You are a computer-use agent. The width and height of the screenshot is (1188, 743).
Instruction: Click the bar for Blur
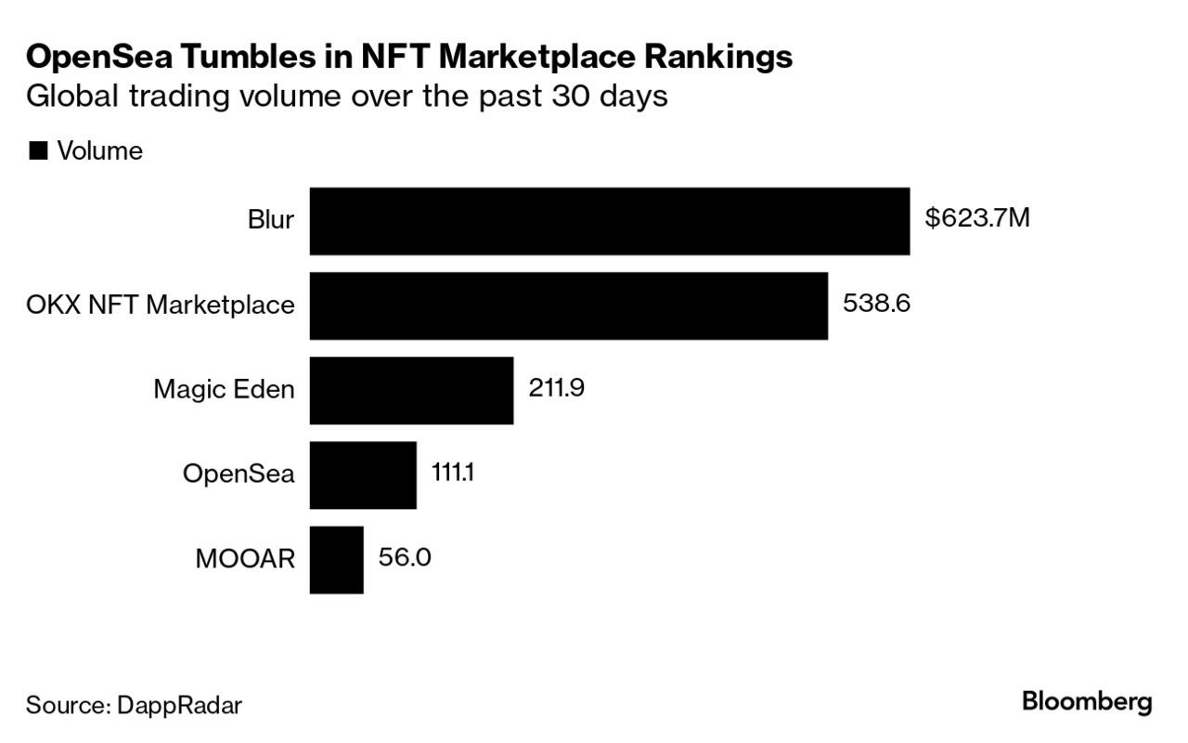(x=609, y=221)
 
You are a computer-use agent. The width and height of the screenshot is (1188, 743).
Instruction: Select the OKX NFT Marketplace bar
(x=568, y=306)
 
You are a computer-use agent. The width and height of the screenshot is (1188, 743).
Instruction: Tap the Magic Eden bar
(x=411, y=390)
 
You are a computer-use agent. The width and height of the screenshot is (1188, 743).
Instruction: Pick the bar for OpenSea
(x=362, y=475)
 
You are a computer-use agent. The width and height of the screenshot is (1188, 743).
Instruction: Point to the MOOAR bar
(x=336, y=559)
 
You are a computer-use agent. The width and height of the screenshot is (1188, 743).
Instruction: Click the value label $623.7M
(x=977, y=220)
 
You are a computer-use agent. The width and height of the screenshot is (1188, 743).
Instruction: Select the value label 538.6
(x=876, y=304)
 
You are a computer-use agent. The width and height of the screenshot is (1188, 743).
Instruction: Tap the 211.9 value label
(x=556, y=388)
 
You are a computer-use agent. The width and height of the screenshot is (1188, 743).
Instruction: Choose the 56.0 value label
(x=405, y=557)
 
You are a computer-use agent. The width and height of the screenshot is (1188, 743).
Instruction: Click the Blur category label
(x=271, y=221)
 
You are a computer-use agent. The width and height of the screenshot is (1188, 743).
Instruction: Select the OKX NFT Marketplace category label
(x=161, y=306)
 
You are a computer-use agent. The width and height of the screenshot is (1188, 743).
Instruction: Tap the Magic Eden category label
(x=224, y=390)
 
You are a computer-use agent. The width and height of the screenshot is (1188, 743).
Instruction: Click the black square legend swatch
(x=38, y=151)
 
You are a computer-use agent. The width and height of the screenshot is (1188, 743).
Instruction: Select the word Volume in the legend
(x=100, y=151)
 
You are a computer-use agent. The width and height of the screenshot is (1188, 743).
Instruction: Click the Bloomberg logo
(x=1087, y=702)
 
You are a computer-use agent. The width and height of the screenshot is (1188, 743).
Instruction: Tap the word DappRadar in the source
(x=179, y=705)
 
